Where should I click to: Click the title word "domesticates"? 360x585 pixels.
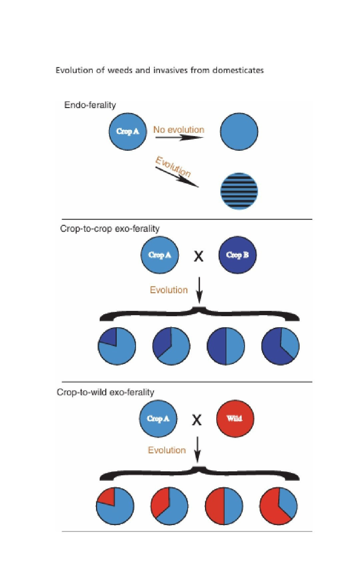[238, 70]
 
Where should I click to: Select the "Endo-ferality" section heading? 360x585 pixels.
[90, 105]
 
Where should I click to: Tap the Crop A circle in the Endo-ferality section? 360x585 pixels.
[128, 131]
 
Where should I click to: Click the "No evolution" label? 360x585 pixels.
[179, 129]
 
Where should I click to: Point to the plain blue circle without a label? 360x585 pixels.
[239, 131]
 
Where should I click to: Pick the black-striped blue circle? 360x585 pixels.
[239, 191]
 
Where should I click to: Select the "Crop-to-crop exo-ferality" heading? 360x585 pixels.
[110, 228]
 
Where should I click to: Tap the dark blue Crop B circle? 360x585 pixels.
[237, 255]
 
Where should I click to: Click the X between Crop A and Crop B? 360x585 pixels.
[198, 256]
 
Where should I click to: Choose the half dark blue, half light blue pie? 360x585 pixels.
[226, 346]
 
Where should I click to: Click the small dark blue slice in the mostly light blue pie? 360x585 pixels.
[108, 337]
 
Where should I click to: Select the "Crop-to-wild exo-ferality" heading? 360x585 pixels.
[105, 392]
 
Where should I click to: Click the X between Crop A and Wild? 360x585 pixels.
[197, 420]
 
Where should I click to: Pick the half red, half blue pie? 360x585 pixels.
[224, 506]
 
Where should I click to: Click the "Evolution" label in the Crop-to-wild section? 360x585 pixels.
[167, 450]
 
